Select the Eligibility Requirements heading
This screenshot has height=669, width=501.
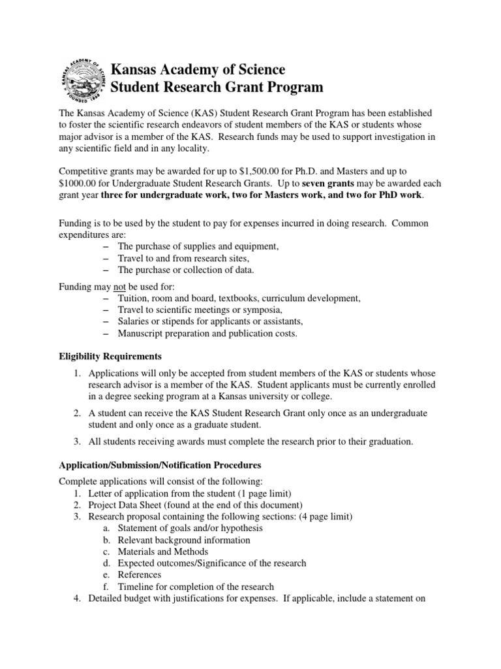115,356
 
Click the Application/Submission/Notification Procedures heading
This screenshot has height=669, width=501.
160,465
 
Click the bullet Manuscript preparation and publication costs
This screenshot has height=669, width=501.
207,333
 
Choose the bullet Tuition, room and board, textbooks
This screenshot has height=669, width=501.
239,298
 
